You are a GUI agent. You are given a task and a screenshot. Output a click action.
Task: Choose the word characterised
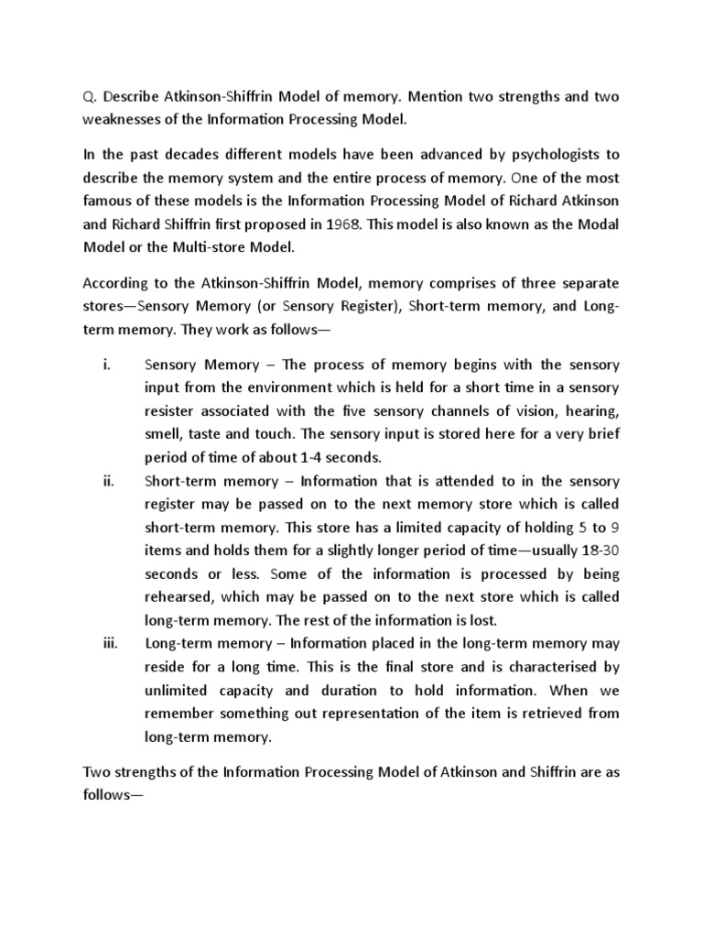click(554, 668)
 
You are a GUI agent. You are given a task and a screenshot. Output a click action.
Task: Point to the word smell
click(165, 433)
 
